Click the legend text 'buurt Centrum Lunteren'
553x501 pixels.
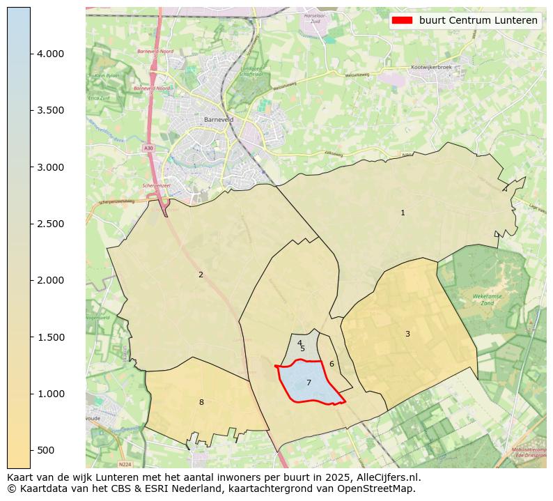[478, 20]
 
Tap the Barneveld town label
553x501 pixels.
[218, 120]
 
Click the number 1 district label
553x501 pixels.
[403, 213]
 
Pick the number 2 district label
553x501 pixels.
[201, 275]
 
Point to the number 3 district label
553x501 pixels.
[407, 334]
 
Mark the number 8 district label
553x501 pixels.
[201, 402]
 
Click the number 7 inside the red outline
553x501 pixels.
[309, 383]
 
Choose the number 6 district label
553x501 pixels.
[332, 364]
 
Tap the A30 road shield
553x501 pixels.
[148, 148]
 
